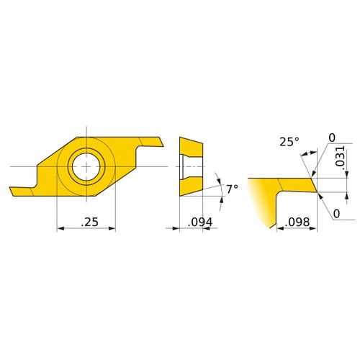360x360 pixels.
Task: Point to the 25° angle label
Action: click(288, 142)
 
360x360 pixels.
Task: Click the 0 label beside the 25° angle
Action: click(332, 138)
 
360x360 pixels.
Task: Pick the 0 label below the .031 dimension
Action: click(336, 214)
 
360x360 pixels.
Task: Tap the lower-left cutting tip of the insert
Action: click(12, 192)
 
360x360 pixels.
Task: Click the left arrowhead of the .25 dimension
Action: click(60, 229)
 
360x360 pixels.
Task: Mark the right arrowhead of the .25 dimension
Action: click(112, 229)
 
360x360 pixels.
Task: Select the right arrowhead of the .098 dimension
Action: click(315, 229)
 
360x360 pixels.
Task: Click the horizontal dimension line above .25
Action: click(86, 229)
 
